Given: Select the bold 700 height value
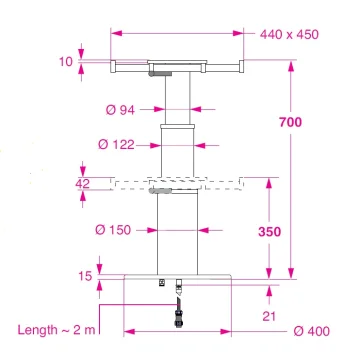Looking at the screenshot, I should coord(290,122).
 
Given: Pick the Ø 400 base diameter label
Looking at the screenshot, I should coord(313,331).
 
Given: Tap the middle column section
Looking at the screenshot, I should coord(177,150).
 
